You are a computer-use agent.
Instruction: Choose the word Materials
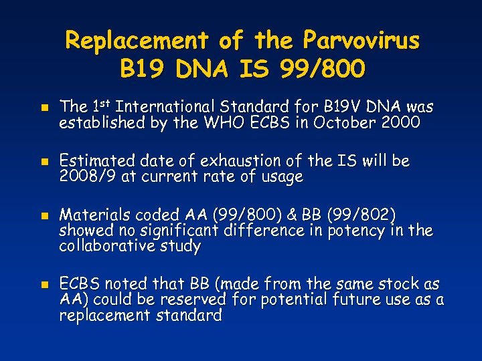coord(96,215)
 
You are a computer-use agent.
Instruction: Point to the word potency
coord(353,231)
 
